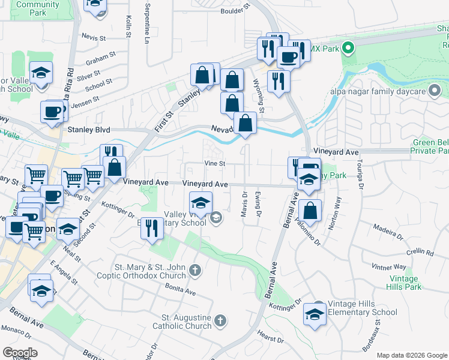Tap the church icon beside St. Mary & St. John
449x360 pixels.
tap(194, 271)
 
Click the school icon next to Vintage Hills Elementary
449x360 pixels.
tap(315, 315)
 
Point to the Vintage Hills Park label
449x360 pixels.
tap(403, 283)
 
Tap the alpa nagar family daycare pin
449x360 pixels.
tap(435, 92)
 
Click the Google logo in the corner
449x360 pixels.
tap(20, 353)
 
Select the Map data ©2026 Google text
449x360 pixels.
tap(412, 355)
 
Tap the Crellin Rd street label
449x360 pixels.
tap(418, 251)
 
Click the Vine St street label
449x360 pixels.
tap(214, 163)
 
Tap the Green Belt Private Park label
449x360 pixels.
tap(431, 146)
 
